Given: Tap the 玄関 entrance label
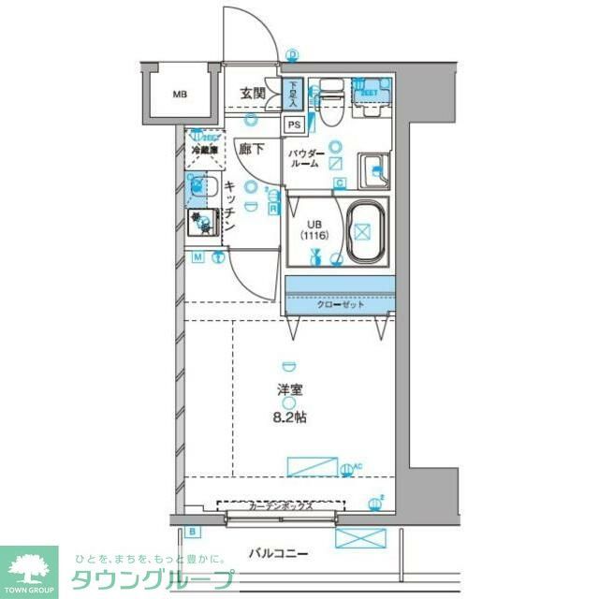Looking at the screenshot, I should coord(252,93).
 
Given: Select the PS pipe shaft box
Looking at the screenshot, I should coord(294,124).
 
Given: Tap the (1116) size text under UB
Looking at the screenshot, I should coord(313,237).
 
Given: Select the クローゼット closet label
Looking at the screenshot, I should coord(338,303).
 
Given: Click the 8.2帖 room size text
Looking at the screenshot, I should coord(290,417).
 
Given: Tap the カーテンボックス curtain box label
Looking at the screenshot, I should coord(281,506).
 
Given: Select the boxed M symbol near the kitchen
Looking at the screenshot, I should coord(198,256).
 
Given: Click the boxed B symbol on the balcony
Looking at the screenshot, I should coord(193,533).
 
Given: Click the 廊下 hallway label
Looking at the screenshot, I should coord(250,148).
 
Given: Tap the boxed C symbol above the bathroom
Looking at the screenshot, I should coord(340,183).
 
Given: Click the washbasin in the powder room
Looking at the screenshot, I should coord(377,166).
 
